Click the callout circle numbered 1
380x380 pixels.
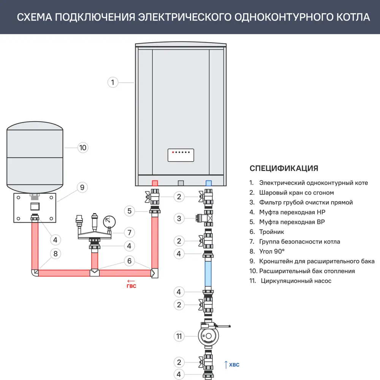113,82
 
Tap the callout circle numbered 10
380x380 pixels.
82,147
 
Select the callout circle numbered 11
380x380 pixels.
179,336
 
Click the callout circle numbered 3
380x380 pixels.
179,218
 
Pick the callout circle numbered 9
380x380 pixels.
82,187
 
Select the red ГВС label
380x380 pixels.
131,286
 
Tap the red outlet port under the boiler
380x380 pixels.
155,183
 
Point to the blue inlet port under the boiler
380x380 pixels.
208,183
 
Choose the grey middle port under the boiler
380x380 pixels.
181,183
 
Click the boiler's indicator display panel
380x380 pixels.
181,155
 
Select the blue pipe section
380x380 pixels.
208,271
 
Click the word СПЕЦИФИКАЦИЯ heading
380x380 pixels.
284,168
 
